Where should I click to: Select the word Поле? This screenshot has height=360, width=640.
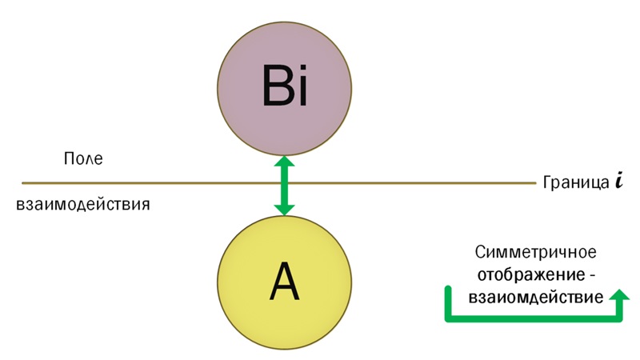coord(83,158)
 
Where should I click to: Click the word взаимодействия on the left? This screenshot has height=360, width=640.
coord(83,204)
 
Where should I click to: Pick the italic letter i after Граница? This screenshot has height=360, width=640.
coord(618,181)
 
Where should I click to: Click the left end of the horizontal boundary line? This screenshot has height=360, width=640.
coord(24,182)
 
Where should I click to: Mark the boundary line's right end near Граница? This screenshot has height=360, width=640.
coord(534,182)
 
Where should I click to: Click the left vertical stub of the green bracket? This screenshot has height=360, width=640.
coord(448,303)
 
